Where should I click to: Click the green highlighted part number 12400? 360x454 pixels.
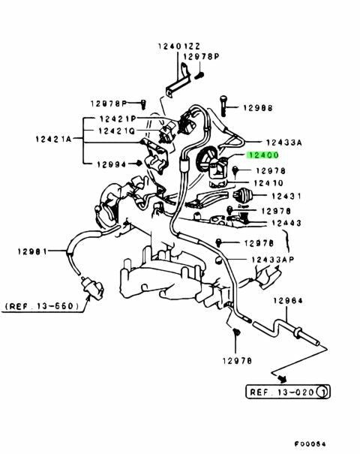click(262, 155)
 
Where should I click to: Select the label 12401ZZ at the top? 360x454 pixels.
click(179, 46)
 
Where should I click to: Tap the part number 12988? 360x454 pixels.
click(258, 108)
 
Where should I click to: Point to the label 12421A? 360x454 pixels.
click(53, 139)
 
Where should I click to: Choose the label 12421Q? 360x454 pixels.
click(116, 131)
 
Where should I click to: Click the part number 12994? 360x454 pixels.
click(112, 164)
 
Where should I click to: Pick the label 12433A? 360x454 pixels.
click(284, 143)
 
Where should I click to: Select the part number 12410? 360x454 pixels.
click(268, 183)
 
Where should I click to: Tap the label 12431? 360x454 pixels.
click(286, 196)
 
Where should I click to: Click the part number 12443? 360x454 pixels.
click(286, 223)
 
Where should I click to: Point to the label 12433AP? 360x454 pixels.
click(272, 259)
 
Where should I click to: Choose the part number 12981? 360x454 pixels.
click(32, 251)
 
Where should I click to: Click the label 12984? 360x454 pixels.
click(288, 301)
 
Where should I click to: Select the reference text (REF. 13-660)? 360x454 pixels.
click(42, 306)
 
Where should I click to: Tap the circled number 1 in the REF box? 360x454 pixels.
click(322, 392)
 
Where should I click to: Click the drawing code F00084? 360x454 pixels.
click(310, 443)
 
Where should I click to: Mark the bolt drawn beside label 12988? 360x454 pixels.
click(223, 106)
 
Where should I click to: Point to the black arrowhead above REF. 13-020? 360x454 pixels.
click(283, 379)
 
